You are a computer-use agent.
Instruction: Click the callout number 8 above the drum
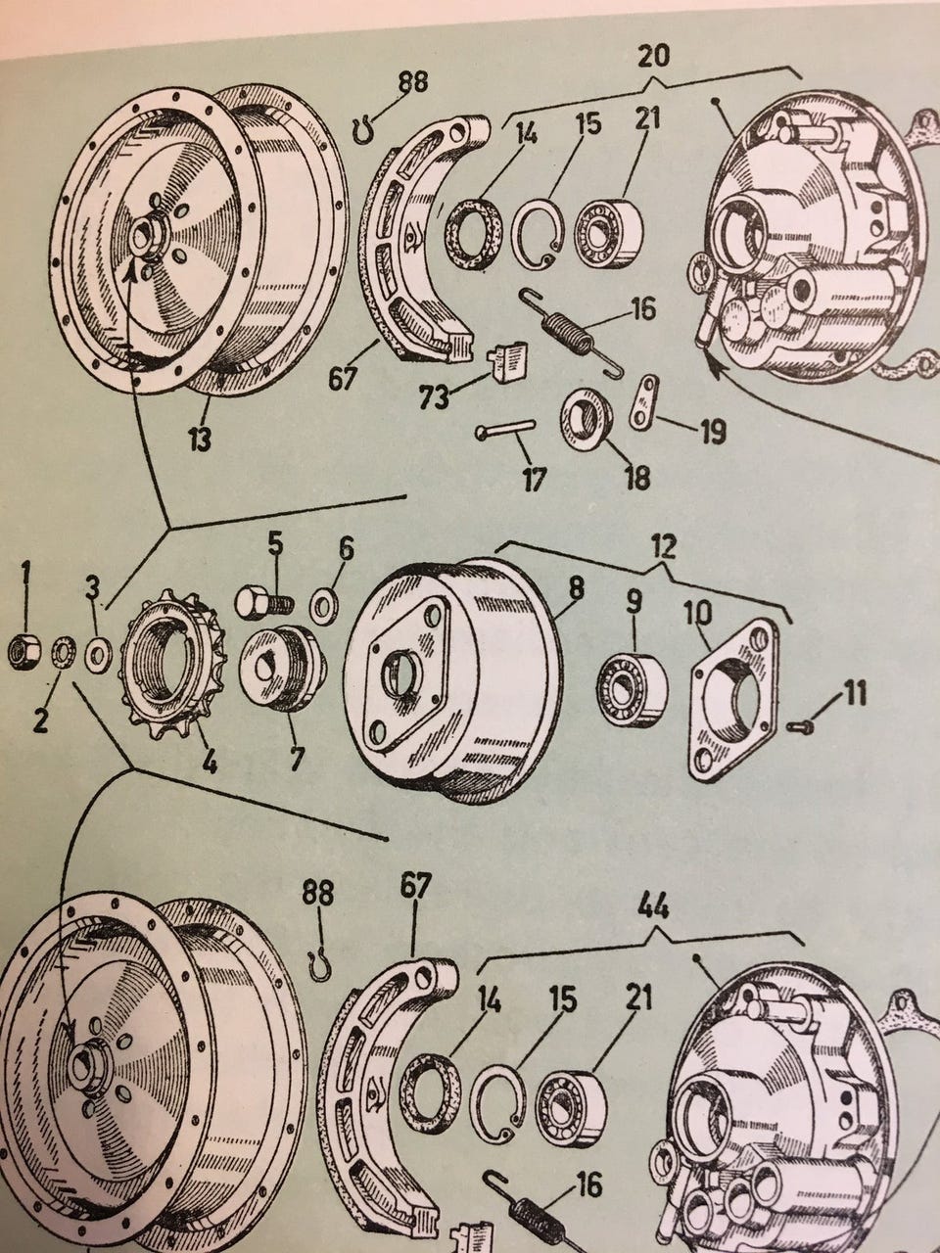coord(575,588)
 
